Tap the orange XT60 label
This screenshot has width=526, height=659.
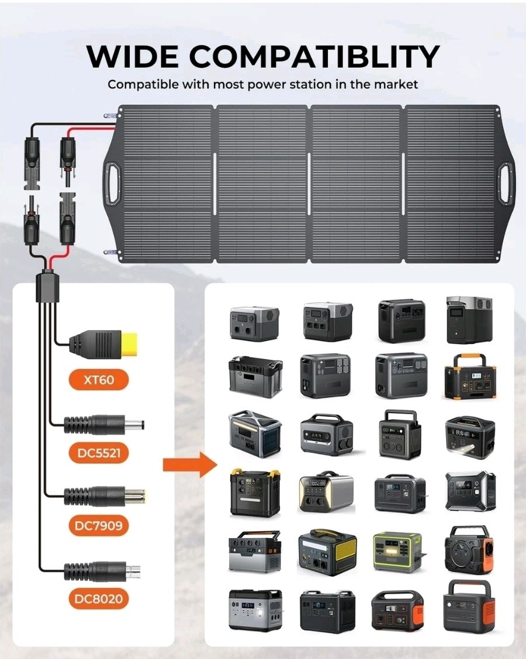pos(99,380)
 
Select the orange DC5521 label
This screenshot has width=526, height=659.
pos(99,452)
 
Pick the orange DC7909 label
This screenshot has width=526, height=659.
pos(99,525)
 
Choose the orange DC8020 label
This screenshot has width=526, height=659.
pos(99,598)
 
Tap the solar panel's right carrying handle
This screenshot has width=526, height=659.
pos(504,183)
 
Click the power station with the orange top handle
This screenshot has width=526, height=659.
pos(470,376)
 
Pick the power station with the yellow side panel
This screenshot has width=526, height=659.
pos(327,552)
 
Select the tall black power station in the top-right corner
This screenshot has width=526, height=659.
pos(469,319)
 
